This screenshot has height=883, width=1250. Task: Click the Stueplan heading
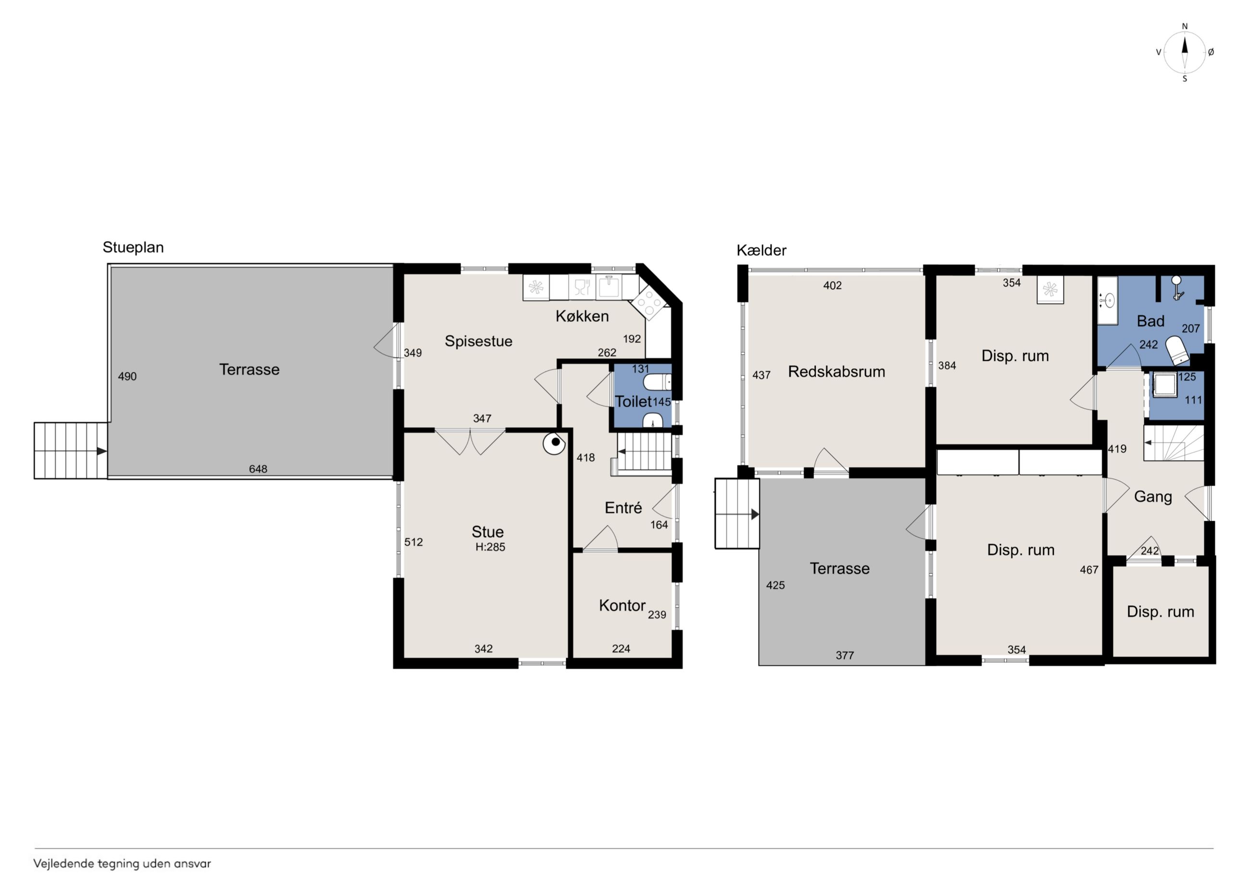tap(133, 247)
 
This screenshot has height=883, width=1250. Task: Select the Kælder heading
tap(761, 250)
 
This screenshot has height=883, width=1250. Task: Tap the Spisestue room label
tap(478, 341)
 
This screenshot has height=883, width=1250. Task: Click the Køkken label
tap(582, 316)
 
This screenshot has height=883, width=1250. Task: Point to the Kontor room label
tap(622, 605)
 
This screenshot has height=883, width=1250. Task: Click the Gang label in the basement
tap(1152, 497)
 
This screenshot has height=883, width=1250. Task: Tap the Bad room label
tap(1150, 321)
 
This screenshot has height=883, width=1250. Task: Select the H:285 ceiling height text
tap(490, 547)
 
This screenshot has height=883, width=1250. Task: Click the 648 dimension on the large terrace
tap(258, 469)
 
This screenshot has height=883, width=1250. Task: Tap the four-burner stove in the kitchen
tap(649, 303)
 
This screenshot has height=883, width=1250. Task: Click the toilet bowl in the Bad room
tap(1176, 350)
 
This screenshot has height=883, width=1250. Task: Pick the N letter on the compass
tap(1185, 26)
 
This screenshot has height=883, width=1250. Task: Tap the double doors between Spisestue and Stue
tap(470, 441)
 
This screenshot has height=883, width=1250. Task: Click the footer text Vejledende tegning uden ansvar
tap(122, 863)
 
